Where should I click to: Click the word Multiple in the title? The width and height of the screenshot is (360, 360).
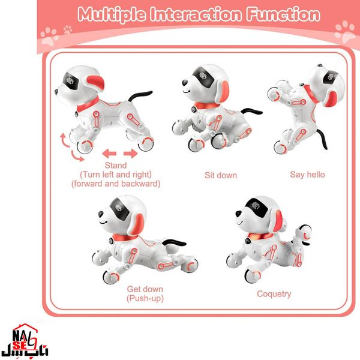[112, 15]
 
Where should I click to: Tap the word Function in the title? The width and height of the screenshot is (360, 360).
[283, 14]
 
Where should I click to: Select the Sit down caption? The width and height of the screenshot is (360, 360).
[221, 175]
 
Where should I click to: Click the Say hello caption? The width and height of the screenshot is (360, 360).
[307, 175]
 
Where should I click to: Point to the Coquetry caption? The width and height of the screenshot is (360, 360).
[274, 294]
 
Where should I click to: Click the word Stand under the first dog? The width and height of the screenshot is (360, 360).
[116, 166]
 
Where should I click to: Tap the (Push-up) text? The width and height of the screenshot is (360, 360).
[145, 298]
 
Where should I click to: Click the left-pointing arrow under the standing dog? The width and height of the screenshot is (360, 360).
[109, 154]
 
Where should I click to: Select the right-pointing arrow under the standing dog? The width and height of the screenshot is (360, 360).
[131, 154]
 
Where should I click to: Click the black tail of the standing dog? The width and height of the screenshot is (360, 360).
[139, 95]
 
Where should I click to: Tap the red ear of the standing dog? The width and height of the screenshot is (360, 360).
[96, 83]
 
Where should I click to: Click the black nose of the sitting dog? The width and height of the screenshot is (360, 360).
[185, 83]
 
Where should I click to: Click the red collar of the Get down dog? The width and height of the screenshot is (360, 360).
[125, 238]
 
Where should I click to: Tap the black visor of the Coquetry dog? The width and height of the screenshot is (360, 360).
[257, 207]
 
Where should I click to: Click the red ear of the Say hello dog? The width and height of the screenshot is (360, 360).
[330, 99]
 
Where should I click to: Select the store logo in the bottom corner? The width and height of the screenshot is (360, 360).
[25, 340]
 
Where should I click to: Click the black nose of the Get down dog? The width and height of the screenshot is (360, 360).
[101, 214]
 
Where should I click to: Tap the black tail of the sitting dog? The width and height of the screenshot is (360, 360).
[251, 112]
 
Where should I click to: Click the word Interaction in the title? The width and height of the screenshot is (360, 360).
[196, 14]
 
